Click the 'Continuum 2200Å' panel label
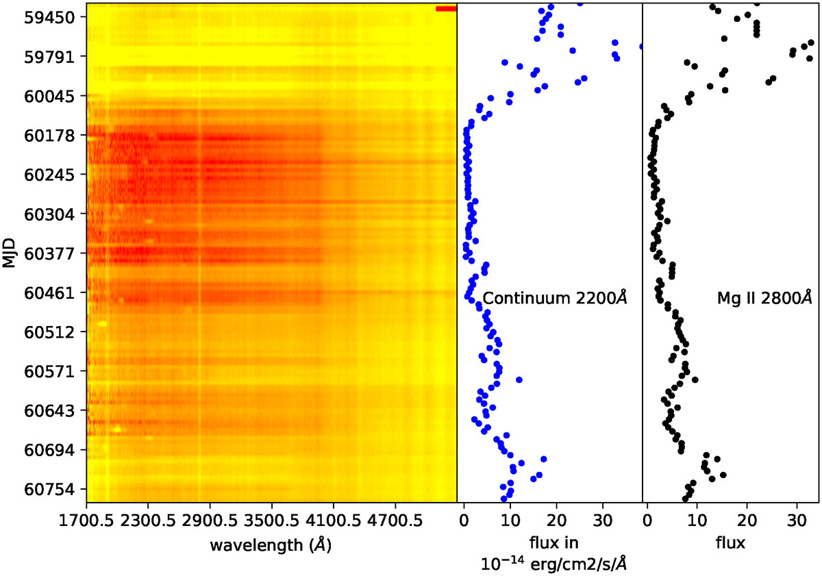pyautogui.click(x=556, y=299)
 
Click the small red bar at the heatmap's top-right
pyautogui.click(x=446, y=9)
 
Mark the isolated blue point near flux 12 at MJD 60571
pyautogui.click(x=519, y=379)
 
